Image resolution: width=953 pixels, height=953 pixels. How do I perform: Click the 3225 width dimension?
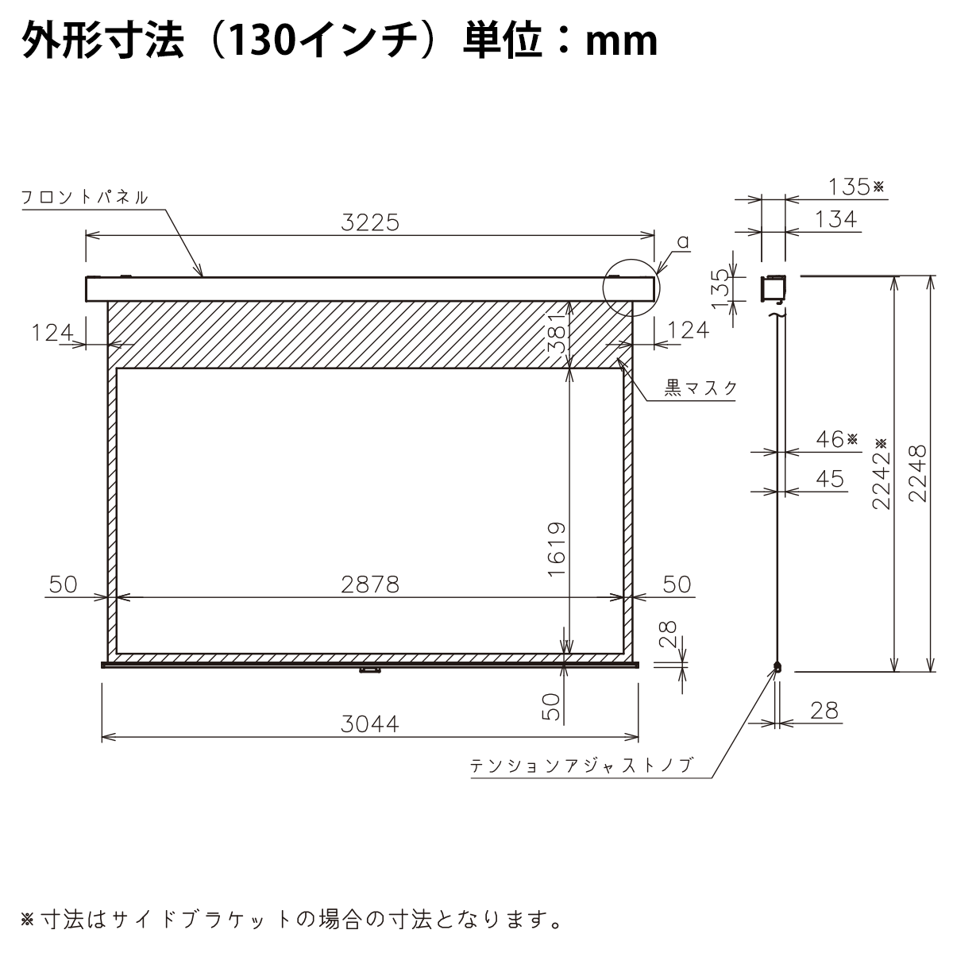pyautogui.click(x=370, y=223)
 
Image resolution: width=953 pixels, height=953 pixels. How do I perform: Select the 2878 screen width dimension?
pyautogui.click(x=370, y=585)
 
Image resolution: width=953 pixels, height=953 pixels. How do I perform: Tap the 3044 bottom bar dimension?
pyautogui.click(x=370, y=724)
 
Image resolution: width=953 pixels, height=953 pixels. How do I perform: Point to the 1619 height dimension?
pyautogui.click(x=557, y=549)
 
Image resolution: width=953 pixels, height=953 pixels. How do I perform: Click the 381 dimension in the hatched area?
pyautogui.click(x=557, y=333)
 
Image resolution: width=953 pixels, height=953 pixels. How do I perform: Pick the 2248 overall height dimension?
pyautogui.click(x=918, y=474)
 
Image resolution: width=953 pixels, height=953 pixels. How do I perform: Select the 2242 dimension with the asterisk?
pyautogui.click(x=881, y=474)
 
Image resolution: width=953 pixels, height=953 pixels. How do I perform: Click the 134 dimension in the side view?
pyautogui.click(x=835, y=219)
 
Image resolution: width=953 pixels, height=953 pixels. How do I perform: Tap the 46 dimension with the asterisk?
pyautogui.click(x=837, y=439)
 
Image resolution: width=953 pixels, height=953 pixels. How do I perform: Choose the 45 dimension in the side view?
pyautogui.click(x=829, y=479)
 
